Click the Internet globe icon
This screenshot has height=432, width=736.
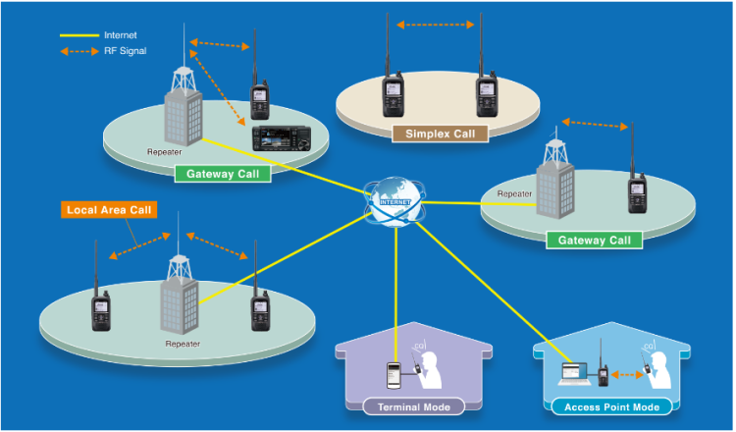point(394,202)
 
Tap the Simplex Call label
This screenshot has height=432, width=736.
point(441,134)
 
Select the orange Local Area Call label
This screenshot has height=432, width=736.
point(109,210)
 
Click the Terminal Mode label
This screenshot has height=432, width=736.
point(413,407)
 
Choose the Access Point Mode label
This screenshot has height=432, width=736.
point(611,407)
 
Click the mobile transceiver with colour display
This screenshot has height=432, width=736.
point(283,139)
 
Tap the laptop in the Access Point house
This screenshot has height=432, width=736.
point(574,374)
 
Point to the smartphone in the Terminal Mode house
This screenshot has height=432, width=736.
point(394,376)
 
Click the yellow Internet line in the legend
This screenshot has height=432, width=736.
point(79,35)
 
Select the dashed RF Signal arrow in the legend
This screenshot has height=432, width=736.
point(79,51)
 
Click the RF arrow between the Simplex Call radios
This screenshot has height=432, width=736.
point(436,25)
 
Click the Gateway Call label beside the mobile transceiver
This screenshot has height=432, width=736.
point(223,174)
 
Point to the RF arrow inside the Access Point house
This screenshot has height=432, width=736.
point(627,375)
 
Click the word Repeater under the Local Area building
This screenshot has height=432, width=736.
point(183,345)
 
